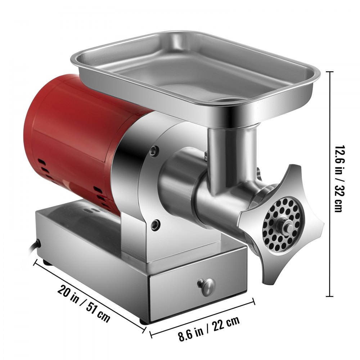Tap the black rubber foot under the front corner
(144, 321)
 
